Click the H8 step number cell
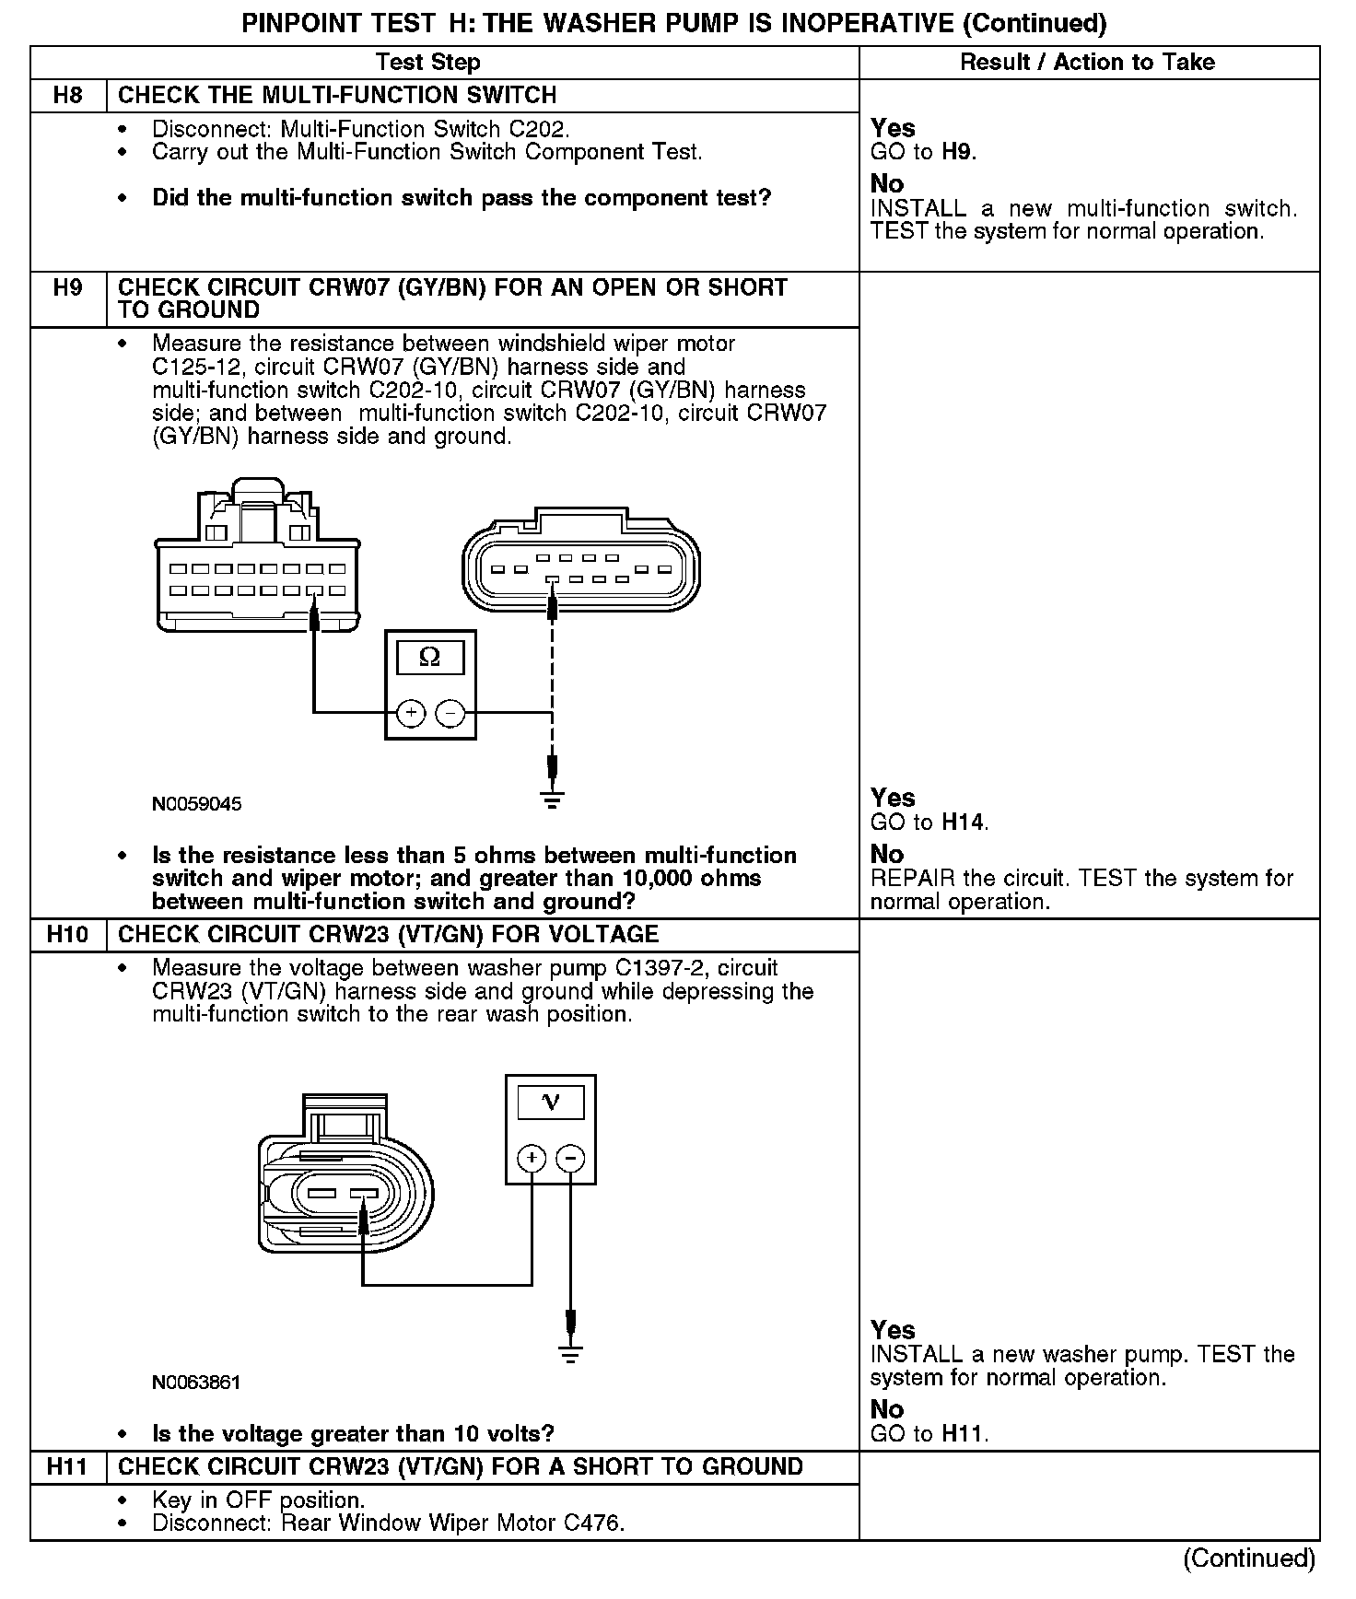[x=68, y=96]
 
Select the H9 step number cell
[x=68, y=288]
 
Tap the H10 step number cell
[x=68, y=935]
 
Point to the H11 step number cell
[x=68, y=1467]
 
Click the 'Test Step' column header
[x=428, y=63]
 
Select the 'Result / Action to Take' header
[x=1087, y=63]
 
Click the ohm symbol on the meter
[x=430, y=657]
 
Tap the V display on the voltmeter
[x=551, y=1102]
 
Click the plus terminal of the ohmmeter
[x=411, y=712]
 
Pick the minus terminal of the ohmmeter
[x=450, y=712]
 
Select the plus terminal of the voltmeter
[x=532, y=1158]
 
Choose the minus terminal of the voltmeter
[x=571, y=1158]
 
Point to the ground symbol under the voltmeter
[x=571, y=1353]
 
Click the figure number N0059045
[x=197, y=804]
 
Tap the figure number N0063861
[x=196, y=1383]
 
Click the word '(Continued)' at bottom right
[x=1249, y=1558]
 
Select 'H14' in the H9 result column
[x=964, y=822]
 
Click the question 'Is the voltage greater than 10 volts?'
[x=353, y=1434]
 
